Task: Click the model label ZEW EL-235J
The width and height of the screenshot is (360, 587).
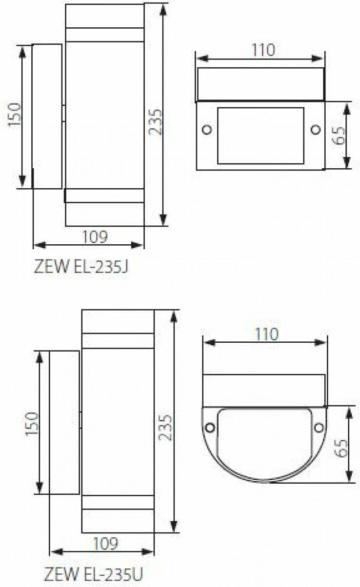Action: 81,267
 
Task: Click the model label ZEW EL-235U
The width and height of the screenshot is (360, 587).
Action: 94,574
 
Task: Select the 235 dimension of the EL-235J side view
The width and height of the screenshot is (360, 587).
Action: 155,122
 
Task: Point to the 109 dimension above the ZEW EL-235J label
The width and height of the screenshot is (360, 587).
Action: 95,236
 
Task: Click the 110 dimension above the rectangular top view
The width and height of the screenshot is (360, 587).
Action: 263,50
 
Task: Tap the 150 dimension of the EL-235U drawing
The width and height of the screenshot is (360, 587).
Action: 32,424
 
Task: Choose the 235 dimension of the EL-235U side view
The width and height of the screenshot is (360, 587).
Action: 166,428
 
